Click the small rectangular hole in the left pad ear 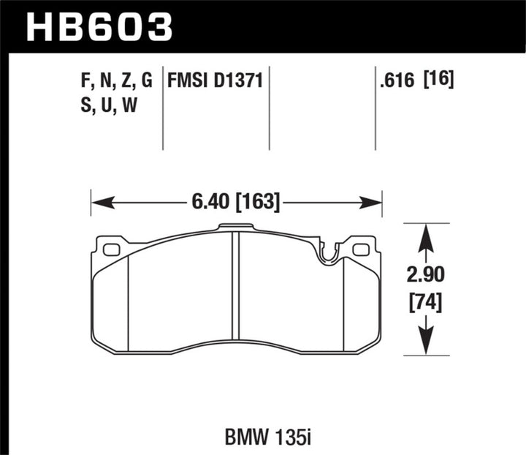click(112, 250)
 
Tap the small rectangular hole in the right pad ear click(361, 250)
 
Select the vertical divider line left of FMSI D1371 click(162, 110)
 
